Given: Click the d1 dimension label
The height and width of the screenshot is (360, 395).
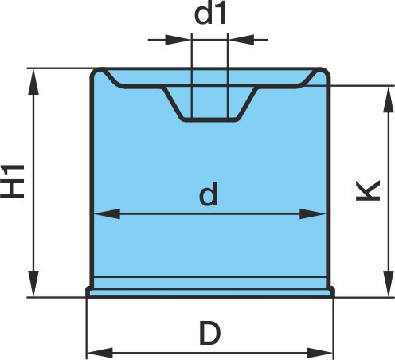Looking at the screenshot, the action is (x=210, y=14).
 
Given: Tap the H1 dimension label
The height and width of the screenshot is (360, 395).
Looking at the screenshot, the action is (x=13, y=182).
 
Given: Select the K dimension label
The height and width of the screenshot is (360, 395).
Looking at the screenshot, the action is (x=368, y=190).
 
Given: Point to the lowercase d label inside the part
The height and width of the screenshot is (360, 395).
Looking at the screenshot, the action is (x=209, y=194).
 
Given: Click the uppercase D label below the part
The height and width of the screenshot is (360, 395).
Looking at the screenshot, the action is (x=210, y=333).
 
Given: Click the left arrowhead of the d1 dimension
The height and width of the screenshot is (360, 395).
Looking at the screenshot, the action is (x=178, y=40).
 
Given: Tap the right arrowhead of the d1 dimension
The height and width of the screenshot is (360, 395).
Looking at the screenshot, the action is (x=241, y=40).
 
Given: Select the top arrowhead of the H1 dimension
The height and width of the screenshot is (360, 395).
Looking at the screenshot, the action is (x=33, y=82).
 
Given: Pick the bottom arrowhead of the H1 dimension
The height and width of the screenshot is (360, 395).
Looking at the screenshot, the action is (x=33, y=284).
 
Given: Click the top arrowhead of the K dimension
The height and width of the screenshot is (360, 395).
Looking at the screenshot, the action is (x=389, y=100).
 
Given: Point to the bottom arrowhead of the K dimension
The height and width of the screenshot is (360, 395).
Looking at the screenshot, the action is (x=389, y=284).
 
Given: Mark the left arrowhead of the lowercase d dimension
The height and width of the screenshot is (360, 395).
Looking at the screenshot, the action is (x=108, y=213).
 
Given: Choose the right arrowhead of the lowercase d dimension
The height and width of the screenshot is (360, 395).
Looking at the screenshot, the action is (x=312, y=213).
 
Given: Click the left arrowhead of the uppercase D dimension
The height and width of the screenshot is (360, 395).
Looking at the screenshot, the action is (x=100, y=354).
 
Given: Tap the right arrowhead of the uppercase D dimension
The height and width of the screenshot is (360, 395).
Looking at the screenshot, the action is (x=320, y=354).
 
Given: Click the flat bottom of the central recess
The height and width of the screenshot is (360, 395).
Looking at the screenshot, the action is (x=209, y=119).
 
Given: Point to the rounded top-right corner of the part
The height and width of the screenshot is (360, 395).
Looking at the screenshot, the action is (x=324, y=73).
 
